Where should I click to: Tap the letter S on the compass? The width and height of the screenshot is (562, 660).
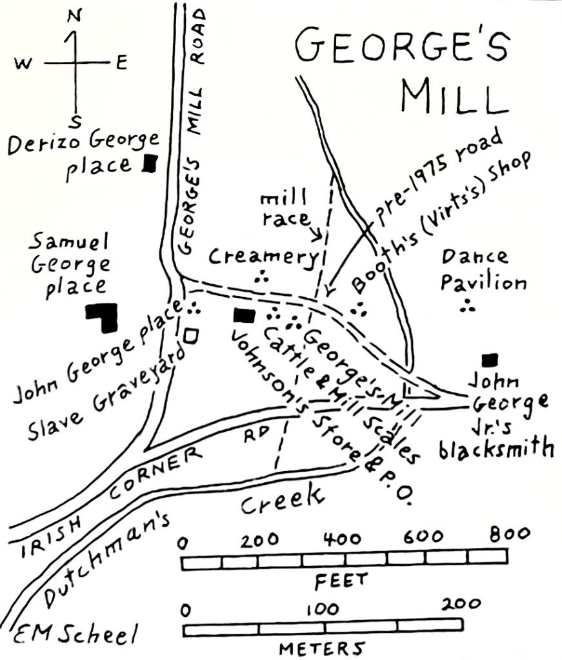pyautogui.click(x=75, y=121)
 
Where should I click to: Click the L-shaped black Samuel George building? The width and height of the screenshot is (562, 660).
pyautogui.click(x=103, y=316)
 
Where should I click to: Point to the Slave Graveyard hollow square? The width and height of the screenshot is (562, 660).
pyautogui.click(x=189, y=335)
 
